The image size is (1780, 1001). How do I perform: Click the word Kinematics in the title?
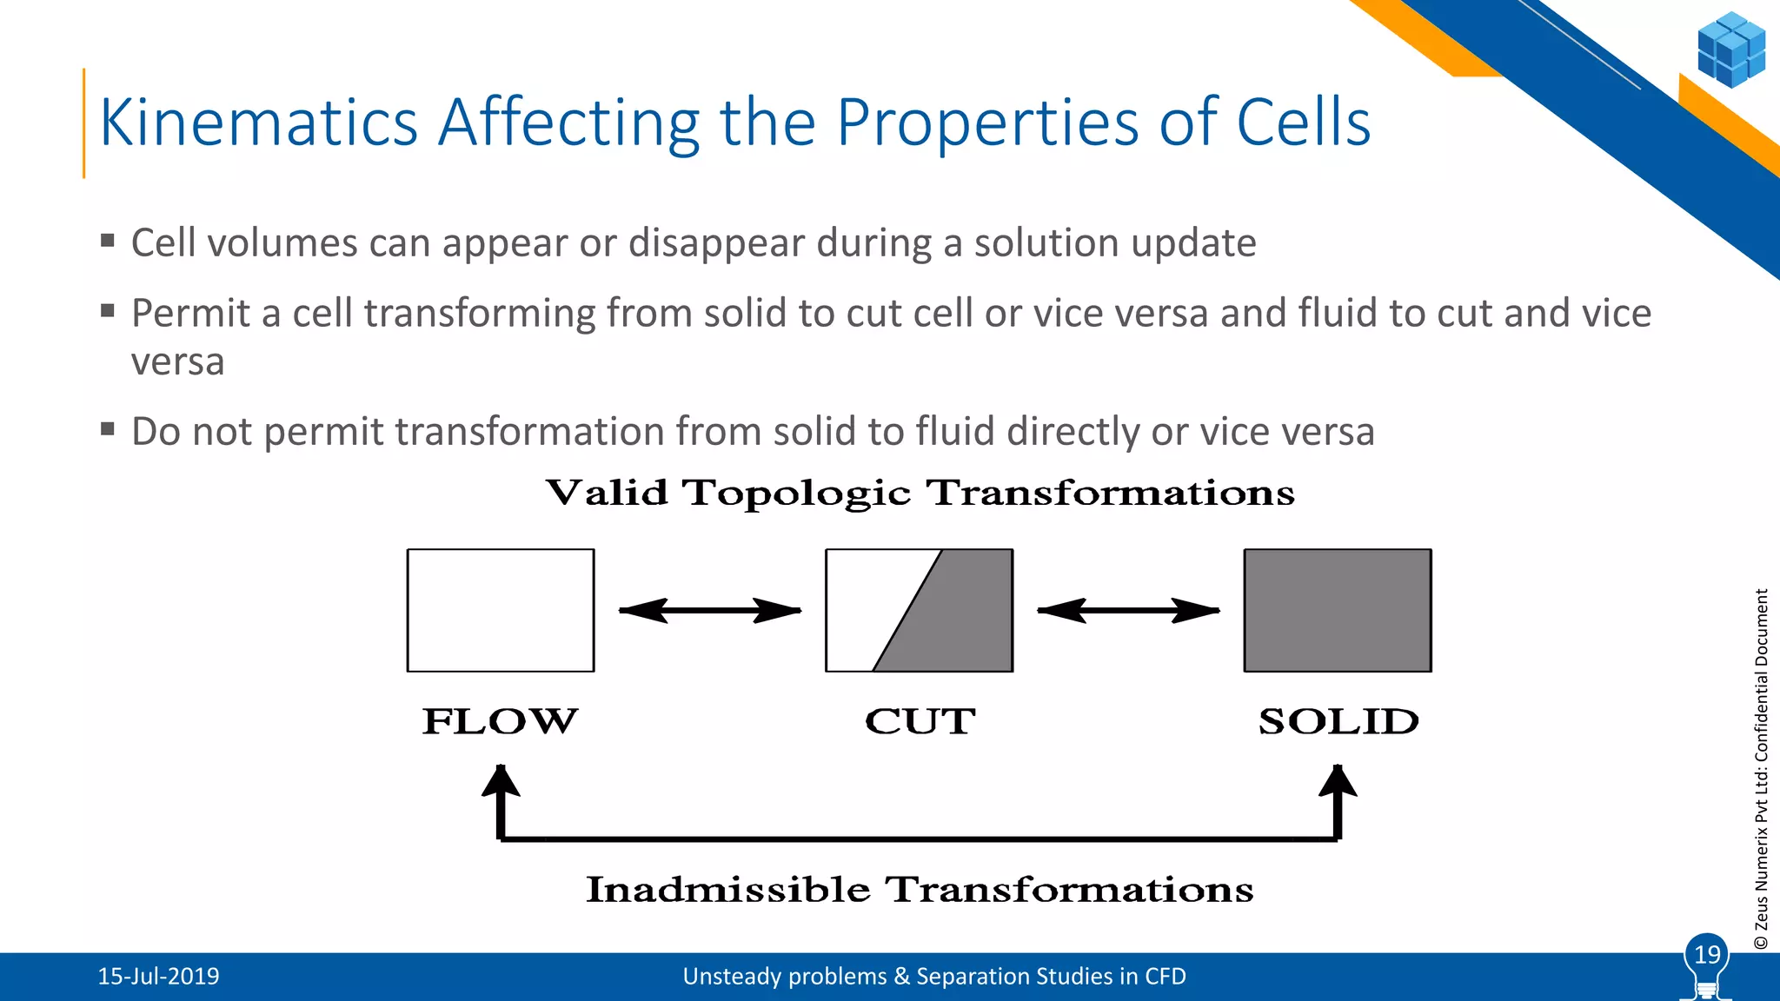coord(259,123)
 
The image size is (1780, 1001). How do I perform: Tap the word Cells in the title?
coord(1303,123)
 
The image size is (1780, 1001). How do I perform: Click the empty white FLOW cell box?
coord(501,610)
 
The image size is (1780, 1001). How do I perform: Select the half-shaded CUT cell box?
coord(919,610)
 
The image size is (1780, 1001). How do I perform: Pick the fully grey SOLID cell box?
coord(1338,610)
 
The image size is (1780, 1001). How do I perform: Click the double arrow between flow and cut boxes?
coord(709,611)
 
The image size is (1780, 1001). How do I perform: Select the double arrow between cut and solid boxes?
coord(1128,611)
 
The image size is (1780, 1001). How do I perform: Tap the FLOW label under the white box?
coord(500,721)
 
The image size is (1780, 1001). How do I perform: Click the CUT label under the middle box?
coord(920,721)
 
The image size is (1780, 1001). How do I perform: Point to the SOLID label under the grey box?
coord(1338,721)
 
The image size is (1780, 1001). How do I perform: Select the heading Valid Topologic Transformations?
coord(920,493)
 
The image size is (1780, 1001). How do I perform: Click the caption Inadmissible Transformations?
coord(920,890)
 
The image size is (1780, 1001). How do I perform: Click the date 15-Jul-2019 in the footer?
coord(158,977)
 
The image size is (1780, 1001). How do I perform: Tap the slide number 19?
coord(1707,955)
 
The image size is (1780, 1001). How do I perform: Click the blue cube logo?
coord(1730,50)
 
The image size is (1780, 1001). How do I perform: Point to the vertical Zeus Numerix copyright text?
coord(1761,769)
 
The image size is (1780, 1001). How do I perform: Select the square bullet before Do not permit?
coord(108,428)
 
